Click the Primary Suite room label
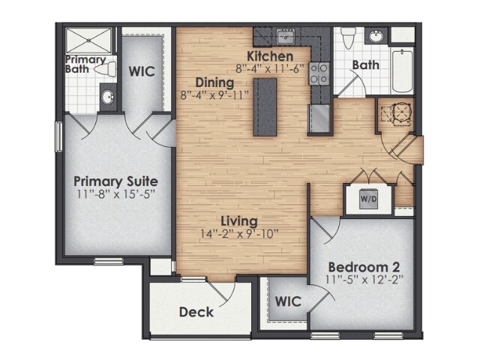[115, 181]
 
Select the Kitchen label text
[270, 56]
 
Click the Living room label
[239, 221]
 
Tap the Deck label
[196, 312]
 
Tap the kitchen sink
[285, 36]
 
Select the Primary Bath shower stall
[88, 40]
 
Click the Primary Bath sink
[108, 97]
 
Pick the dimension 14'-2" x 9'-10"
[239, 234]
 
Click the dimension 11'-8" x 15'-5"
[115, 195]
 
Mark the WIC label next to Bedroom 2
[287, 301]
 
